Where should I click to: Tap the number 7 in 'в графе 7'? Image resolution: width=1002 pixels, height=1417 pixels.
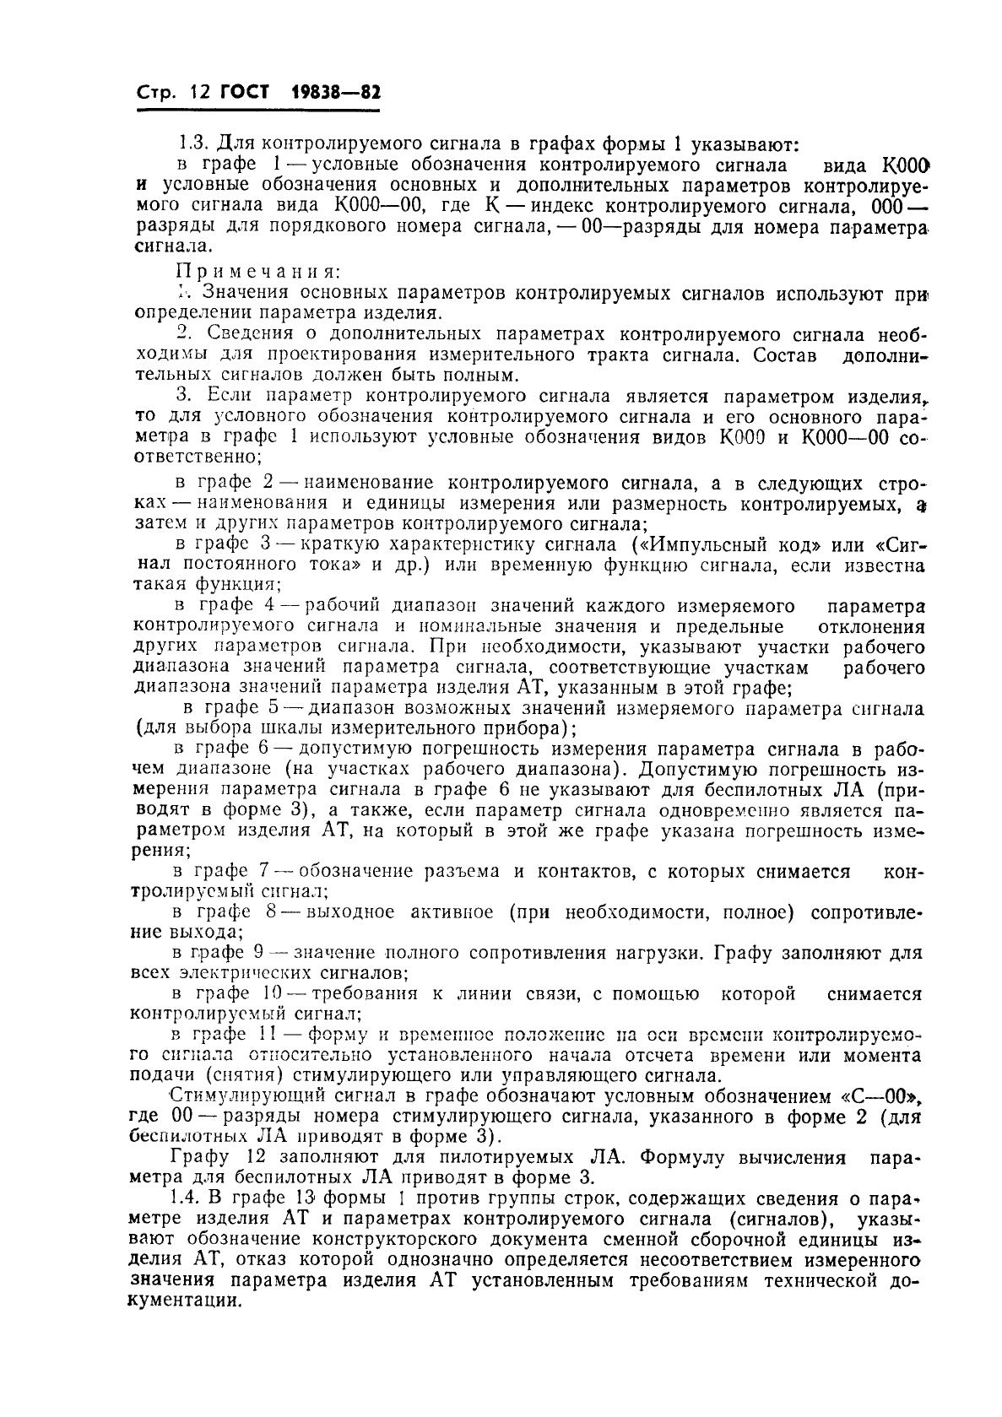[263, 871]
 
